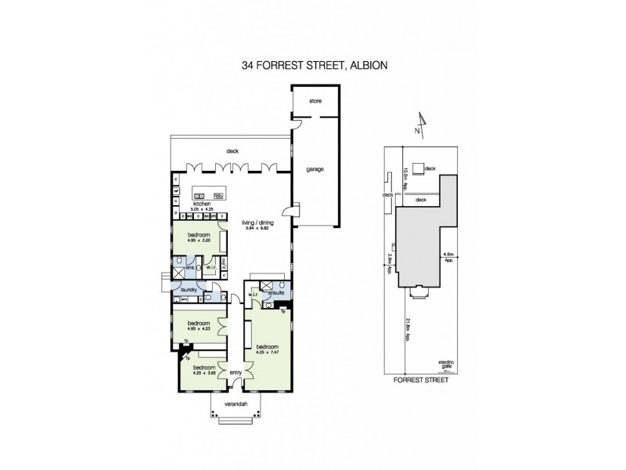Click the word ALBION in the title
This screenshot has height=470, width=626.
(x=366, y=67)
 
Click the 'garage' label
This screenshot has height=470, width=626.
(x=315, y=169)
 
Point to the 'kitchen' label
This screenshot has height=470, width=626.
(x=182, y=204)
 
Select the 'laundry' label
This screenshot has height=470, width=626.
(x=187, y=290)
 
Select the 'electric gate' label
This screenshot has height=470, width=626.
(x=446, y=363)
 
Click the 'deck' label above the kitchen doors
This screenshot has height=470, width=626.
(x=232, y=151)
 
